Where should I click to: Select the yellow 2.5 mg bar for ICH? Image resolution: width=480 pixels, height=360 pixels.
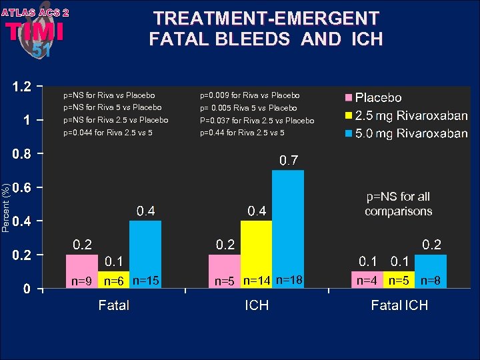(256, 247)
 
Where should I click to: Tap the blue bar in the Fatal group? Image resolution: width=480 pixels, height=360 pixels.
(145, 247)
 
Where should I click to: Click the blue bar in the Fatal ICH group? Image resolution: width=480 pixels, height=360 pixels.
(431, 263)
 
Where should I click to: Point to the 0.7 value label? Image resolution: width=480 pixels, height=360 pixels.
(288, 161)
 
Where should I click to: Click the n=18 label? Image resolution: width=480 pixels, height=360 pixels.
(289, 281)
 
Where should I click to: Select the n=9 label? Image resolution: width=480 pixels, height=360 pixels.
(82, 281)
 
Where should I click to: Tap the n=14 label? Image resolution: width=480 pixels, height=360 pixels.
(257, 281)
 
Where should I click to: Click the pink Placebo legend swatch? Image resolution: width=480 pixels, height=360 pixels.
(347, 98)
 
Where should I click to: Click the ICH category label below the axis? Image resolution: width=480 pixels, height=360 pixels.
(257, 306)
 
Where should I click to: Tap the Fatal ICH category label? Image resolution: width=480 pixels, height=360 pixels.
(399, 306)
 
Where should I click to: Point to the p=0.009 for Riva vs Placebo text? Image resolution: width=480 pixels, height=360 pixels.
(250, 96)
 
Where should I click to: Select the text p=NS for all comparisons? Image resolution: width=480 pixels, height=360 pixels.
(399, 204)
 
